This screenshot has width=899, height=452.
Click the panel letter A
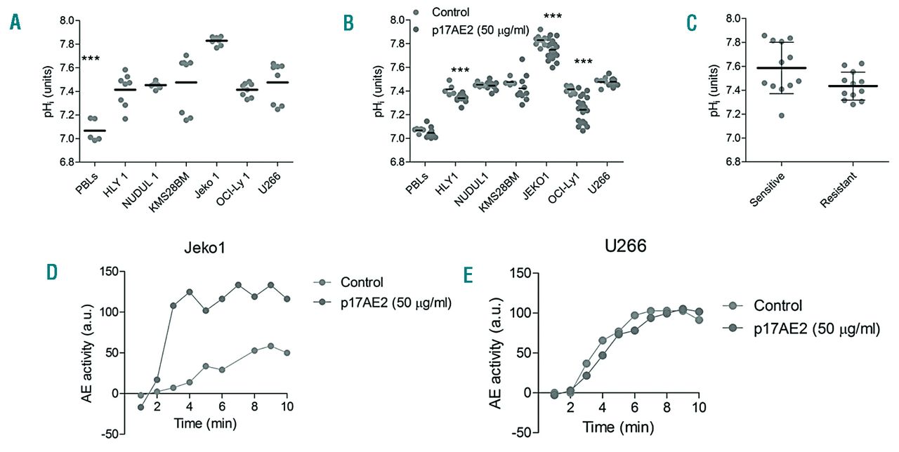click(x=15, y=22)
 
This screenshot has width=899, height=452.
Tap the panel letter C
click(x=692, y=22)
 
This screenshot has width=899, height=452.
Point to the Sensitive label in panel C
click(x=768, y=190)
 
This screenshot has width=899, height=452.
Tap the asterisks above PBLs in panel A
click(x=91, y=59)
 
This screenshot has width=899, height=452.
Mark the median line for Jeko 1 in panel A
click(x=216, y=41)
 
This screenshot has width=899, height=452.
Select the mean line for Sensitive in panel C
click(x=771, y=68)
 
